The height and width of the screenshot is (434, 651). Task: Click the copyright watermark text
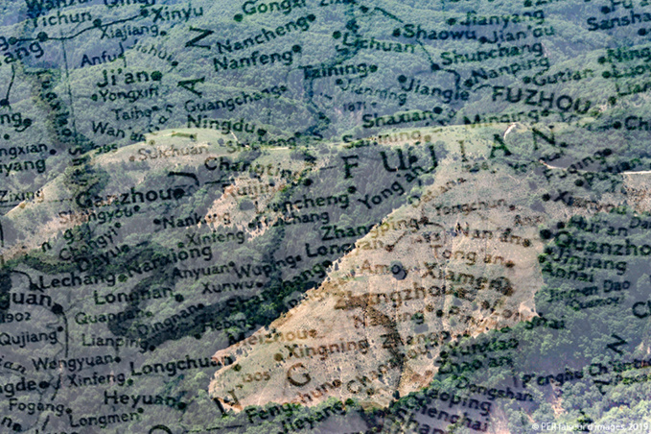pos(590,426)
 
